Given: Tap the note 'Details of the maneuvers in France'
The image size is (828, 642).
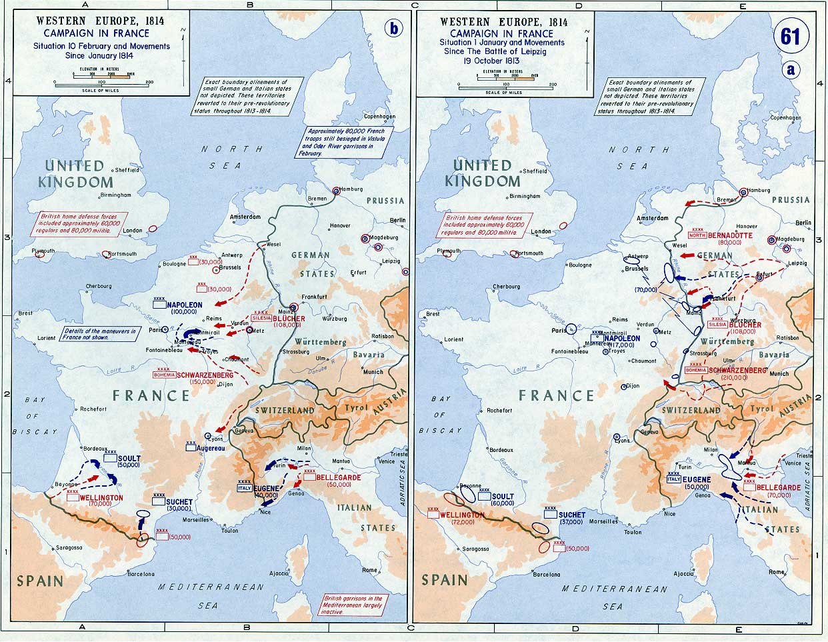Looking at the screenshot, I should point(99,334).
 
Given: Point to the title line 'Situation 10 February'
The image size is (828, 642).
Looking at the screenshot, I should point(102,47).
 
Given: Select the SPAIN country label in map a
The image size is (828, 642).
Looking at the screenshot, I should point(446,579).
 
